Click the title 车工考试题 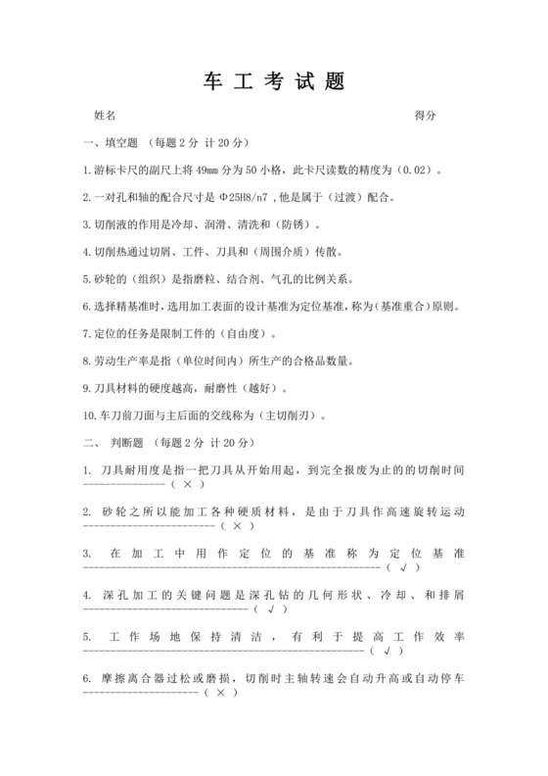(x=274, y=81)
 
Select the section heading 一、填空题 (x=113, y=143)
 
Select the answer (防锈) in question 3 (x=297, y=223)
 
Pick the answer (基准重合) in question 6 (x=403, y=306)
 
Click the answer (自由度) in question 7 (x=223, y=333)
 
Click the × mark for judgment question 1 (x=186, y=484)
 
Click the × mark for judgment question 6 (x=221, y=692)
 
